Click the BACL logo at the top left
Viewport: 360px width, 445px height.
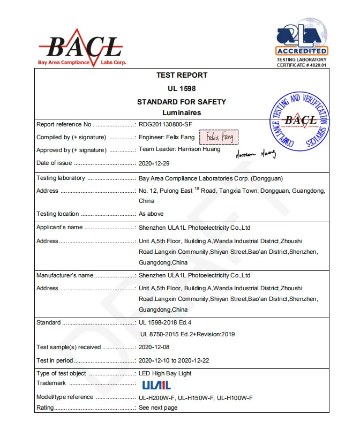click(82, 48)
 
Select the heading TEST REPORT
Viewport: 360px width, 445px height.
click(182, 76)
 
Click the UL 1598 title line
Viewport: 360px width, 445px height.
click(182, 88)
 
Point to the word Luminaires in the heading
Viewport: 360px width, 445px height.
click(182, 112)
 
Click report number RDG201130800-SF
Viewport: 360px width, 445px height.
click(166, 125)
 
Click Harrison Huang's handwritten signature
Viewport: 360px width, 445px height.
click(255, 154)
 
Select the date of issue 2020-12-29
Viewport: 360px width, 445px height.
click(154, 163)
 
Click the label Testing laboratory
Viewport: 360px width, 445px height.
click(61, 178)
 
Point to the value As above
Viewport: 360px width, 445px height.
click(151, 214)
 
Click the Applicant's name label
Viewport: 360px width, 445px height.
click(59, 228)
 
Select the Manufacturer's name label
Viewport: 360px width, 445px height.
click(64, 275)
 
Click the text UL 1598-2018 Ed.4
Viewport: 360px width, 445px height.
click(165, 323)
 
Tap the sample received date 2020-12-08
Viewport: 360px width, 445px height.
click(154, 348)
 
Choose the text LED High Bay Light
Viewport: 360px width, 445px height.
click(165, 373)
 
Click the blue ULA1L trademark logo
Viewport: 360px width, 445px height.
click(156, 385)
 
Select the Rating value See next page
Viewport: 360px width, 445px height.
click(158, 408)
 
